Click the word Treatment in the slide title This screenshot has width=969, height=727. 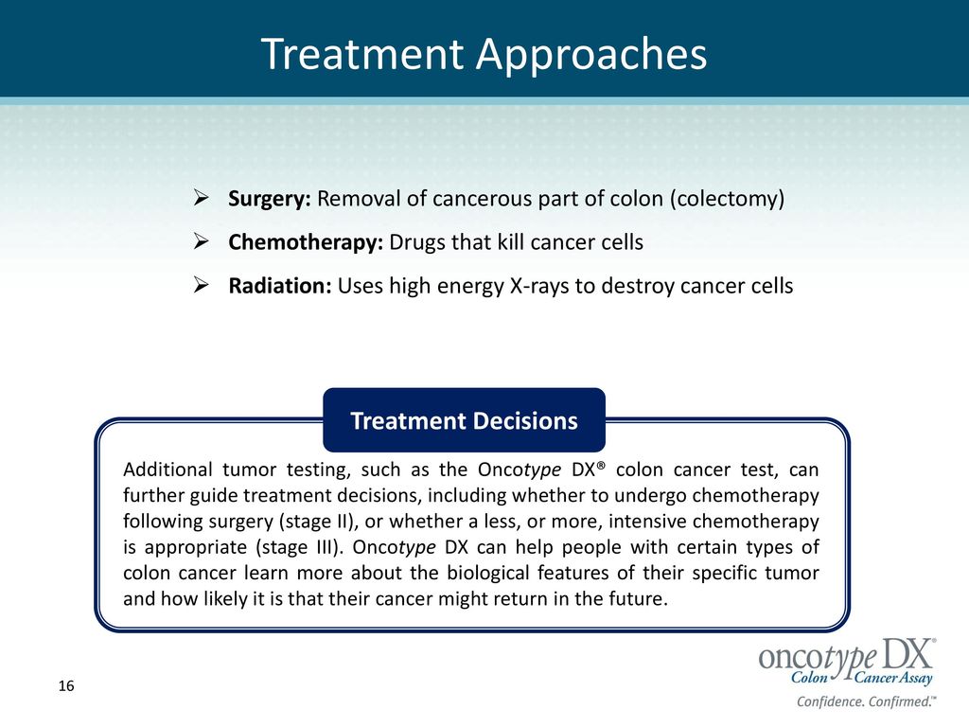pyautogui.click(x=362, y=54)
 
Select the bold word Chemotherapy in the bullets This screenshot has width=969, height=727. pyautogui.click(x=306, y=242)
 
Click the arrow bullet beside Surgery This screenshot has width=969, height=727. pyautogui.click(x=201, y=198)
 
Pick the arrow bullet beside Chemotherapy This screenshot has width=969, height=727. pyautogui.click(x=201, y=241)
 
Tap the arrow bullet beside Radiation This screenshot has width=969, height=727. pyautogui.click(x=201, y=285)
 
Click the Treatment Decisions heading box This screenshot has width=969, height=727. pyautogui.click(x=464, y=420)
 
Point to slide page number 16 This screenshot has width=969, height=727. pyautogui.click(x=66, y=685)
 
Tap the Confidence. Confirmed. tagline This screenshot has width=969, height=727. pyautogui.click(x=866, y=701)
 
